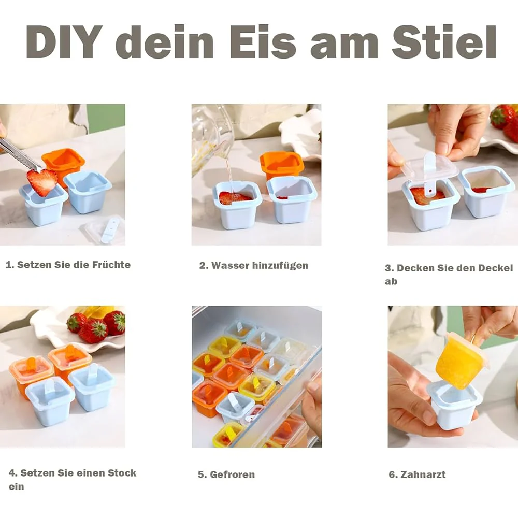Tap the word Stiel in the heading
coord(444,41)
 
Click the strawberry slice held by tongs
coord(42,182)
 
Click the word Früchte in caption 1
coord(111,265)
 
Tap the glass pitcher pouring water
coord(211,139)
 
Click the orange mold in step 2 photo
coord(282,165)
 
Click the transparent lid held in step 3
coord(429,167)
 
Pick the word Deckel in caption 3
coord(496,268)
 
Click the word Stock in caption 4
coord(122,473)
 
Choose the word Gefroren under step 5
coord(232,474)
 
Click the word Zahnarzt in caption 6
coord(423,474)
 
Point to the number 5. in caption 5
coord(202,474)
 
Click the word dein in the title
coord(165,42)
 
